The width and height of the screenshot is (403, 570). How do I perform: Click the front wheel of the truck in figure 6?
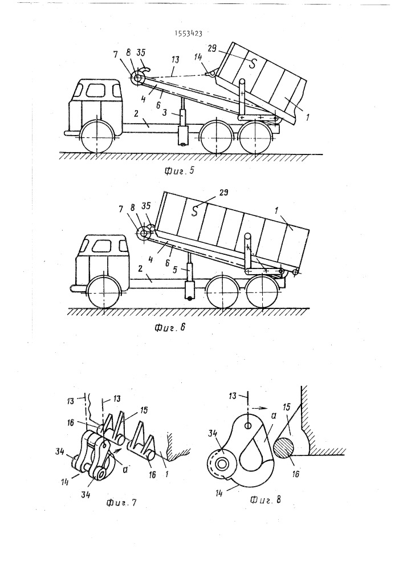[x=104, y=292]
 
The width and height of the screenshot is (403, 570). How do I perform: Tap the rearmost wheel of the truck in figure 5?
[x=256, y=138]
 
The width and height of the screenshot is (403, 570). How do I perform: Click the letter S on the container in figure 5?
[x=252, y=63]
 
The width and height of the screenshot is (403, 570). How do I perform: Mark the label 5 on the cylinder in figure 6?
[x=184, y=270]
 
